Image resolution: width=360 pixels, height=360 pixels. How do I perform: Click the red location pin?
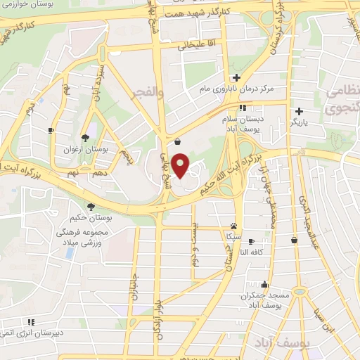(181, 165)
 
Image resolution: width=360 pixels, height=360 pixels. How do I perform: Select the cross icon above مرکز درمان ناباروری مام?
(236, 77)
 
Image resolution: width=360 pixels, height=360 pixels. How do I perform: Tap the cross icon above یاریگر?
(299, 111)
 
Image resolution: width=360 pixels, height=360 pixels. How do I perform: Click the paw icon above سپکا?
(233, 225)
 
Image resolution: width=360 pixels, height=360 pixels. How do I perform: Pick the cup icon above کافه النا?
(251, 241)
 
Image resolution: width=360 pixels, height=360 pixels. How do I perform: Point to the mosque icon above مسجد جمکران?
(264, 285)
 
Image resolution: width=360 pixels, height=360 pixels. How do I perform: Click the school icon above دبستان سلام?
(243, 108)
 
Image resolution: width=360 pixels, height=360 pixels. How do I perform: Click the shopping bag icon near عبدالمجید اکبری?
(294, 240)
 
